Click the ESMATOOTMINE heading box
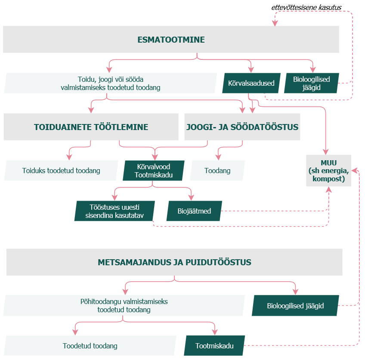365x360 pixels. point(171,40)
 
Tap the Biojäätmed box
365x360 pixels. point(194,211)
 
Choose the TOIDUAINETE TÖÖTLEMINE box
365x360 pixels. point(91,127)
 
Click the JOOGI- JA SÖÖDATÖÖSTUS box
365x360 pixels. point(242,127)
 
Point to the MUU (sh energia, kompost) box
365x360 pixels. point(328,171)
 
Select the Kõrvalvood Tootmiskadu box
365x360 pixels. point(154,171)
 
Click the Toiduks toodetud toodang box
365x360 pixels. point(61,171)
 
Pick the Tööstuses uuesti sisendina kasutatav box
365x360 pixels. point(114,211)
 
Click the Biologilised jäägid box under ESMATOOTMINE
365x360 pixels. point(311,83)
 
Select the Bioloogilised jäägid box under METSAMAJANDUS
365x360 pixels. point(295,306)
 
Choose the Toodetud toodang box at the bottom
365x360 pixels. point(90,346)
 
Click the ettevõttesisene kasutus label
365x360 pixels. point(306,8)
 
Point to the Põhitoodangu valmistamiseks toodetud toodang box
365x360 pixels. point(124,306)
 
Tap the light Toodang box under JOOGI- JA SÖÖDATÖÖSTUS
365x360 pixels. point(217,171)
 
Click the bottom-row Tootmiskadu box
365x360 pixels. point(214,346)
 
